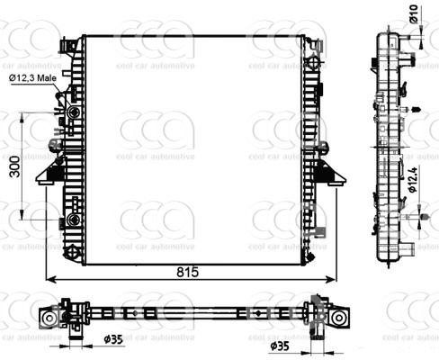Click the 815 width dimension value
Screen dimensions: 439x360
pos(188,272)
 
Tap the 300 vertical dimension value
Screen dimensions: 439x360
pos(15,166)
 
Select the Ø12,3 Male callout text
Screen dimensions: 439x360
pos(32,78)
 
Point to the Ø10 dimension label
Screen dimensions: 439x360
pos(414,13)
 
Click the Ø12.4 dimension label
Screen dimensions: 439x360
pos(413,179)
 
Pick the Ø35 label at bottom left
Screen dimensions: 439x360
pos(113,339)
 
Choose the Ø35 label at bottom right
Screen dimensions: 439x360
pos(280,346)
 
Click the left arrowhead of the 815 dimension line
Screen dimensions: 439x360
pos(51,280)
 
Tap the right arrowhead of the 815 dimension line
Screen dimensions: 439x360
pos(331,280)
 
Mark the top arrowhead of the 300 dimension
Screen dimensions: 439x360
pos(22,118)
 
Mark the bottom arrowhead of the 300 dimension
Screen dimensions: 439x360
pos(22,214)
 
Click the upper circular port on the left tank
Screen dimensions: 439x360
pos(74,112)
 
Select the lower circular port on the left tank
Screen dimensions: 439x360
pos(74,220)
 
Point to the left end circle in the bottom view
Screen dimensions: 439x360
pos(48,318)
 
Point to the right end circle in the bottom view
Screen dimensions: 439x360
pos(338,318)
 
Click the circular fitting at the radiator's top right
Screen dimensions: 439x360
pos(313,62)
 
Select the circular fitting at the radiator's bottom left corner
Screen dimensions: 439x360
pos(72,252)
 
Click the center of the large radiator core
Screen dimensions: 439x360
pos(193,150)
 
